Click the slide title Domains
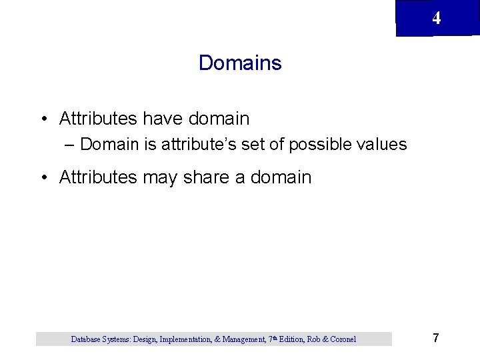point(240,63)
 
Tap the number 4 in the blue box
point(436,19)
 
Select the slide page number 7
point(436,338)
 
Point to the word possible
point(322,145)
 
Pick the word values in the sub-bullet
point(381,145)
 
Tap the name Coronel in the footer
point(341,339)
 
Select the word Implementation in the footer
point(185,339)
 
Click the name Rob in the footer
point(313,339)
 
